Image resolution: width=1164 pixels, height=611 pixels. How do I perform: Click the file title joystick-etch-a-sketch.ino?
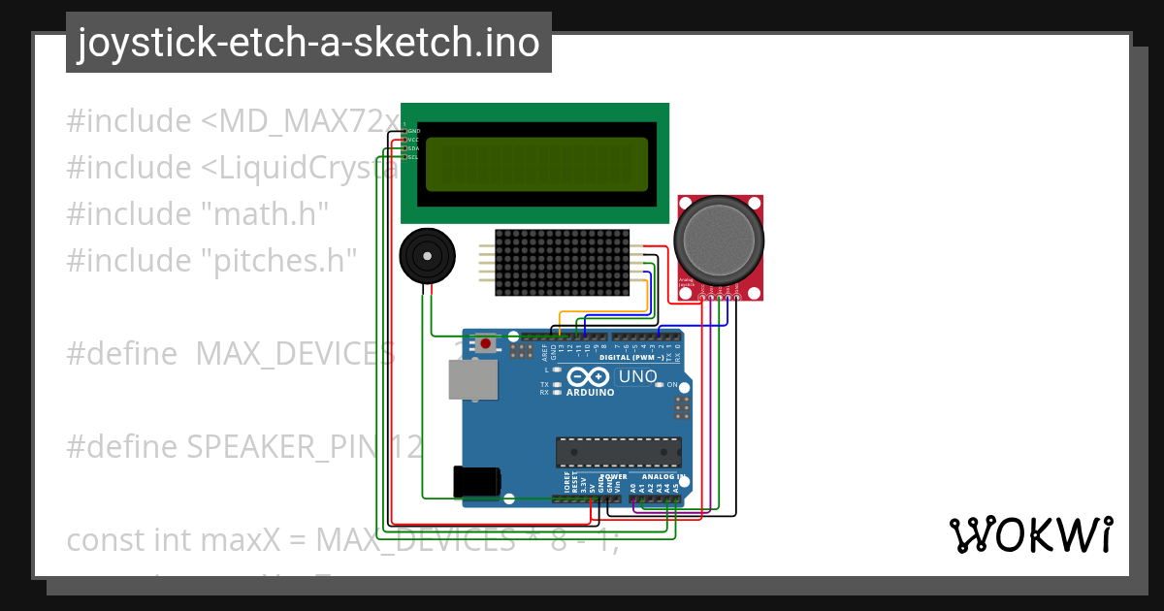tap(308, 43)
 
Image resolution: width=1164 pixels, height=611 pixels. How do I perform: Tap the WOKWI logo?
tap(1030, 534)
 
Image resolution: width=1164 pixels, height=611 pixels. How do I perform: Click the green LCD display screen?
tap(535, 164)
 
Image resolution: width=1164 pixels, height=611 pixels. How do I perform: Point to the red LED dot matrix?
tap(562, 263)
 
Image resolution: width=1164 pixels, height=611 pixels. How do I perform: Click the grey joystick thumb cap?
tap(719, 238)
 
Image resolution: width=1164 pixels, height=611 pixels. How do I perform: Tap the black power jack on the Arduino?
tap(476, 482)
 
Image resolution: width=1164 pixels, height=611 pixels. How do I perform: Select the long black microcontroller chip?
tap(618, 452)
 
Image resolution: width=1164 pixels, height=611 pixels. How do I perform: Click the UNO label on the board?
tap(637, 376)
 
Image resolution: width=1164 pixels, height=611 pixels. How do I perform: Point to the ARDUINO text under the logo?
tap(590, 393)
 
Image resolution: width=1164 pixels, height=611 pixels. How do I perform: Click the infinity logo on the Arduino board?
tap(590, 376)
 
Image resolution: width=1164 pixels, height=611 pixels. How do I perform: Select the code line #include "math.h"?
tap(198, 213)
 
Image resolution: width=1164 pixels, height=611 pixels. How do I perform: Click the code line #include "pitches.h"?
tap(211, 260)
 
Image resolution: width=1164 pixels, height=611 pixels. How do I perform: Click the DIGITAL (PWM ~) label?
tap(631, 358)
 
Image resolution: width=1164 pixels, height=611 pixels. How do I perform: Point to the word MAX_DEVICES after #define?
tap(295, 354)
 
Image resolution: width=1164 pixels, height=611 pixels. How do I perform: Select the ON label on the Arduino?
tap(672, 385)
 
